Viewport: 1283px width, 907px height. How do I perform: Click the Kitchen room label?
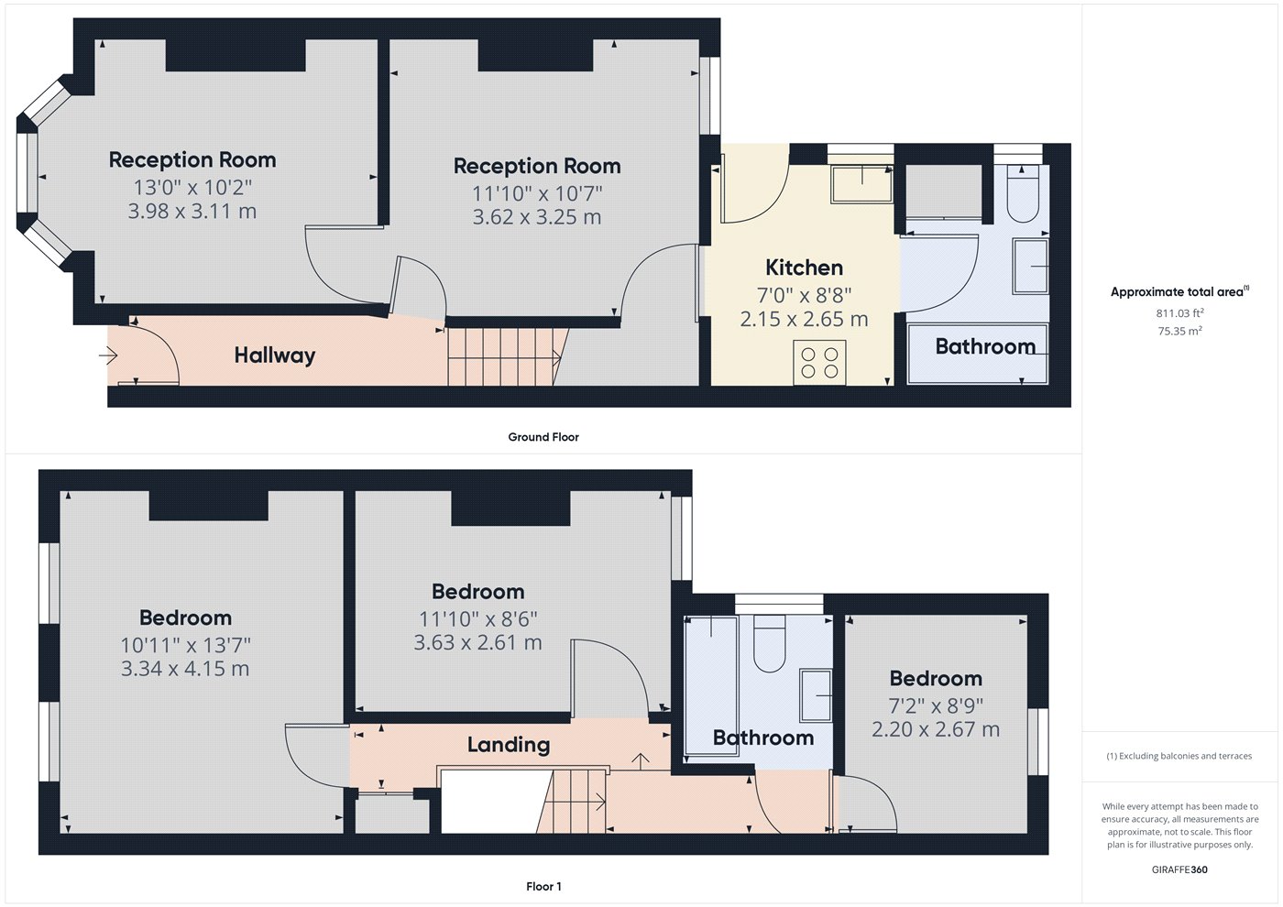click(805, 268)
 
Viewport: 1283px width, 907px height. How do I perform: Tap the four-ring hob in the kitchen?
click(819, 363)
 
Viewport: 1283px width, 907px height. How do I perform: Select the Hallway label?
click(275, 355)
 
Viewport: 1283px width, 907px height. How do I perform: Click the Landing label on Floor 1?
click(509, 744)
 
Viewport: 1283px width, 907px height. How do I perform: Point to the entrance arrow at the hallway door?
click(108, 355)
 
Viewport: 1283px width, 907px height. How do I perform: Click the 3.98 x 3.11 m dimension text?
click(192, 212)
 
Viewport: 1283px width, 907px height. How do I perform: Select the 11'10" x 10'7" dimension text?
click(537, 193)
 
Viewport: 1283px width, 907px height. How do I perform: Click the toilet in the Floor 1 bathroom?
click(769, 643)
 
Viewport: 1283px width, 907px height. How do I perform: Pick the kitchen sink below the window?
click(861, 184)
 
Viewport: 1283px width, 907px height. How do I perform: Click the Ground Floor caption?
click(543, 437)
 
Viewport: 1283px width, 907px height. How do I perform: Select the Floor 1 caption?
click(543, 887)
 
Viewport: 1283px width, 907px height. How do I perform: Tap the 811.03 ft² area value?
click(1179, 312)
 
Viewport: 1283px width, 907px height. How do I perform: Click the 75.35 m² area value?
click(1179, 331)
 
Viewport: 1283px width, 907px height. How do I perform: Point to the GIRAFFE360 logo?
click(1179, 869)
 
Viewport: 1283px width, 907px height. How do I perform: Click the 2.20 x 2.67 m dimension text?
click(936, 729)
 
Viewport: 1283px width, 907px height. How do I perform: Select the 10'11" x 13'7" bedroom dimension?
click(185, 645)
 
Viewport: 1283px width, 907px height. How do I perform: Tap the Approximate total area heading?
click(1179, 291)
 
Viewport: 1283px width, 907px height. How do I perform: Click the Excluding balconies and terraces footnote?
click(1179, 756)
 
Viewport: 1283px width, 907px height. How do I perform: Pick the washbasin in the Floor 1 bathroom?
click(816, 695)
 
